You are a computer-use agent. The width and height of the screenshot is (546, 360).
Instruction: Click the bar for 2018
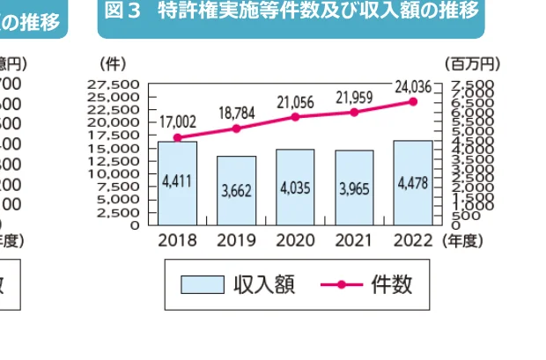tap(177, 182)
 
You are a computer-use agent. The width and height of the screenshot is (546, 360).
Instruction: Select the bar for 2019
tap(236, 190)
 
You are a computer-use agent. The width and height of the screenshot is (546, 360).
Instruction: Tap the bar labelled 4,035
tap(295, 187)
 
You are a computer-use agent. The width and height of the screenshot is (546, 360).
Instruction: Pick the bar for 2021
tap(354, 187)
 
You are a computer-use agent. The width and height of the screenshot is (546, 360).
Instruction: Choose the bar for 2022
tap(412, 182)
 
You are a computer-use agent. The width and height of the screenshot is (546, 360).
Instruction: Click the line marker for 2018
tap(177, 137)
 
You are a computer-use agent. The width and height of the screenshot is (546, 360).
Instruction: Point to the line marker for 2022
tap(412, 101)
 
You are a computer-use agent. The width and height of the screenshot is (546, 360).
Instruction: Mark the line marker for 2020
tap(295, 117)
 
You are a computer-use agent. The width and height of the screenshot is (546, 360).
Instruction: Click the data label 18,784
tap(236, 113)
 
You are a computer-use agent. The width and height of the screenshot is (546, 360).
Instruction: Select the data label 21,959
tap(354, 96)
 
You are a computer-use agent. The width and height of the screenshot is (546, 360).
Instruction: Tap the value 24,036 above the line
tap(413, 85)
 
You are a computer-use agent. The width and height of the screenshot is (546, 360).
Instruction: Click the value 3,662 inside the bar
tap(236, 189)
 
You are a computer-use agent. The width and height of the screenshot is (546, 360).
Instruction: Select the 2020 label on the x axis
tap(295, 239)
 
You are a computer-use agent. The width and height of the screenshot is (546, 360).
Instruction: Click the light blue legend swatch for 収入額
tap(203, 284)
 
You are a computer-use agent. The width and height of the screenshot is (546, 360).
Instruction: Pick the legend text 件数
tap(391, 284)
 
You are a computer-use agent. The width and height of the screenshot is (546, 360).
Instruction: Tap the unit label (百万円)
tap(473, 63)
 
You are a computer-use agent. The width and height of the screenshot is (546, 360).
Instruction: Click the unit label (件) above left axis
tap(114, 63)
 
